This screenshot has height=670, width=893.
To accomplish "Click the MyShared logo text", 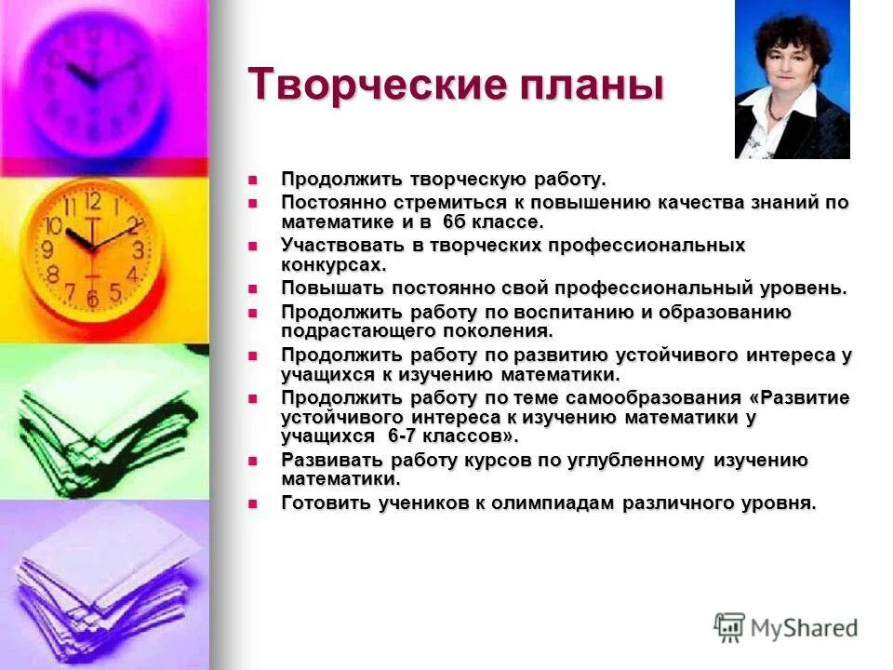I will click(804, 628).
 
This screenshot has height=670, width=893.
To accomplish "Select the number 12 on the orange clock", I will click(92, 202).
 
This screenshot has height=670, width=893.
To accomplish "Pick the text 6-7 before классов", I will click(399, 436).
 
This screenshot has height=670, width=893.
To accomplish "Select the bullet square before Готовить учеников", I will click(250, 503).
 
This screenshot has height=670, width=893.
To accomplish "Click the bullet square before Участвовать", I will click(250, 246).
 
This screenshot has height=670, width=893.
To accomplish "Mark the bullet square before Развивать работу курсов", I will click(250, 461).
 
